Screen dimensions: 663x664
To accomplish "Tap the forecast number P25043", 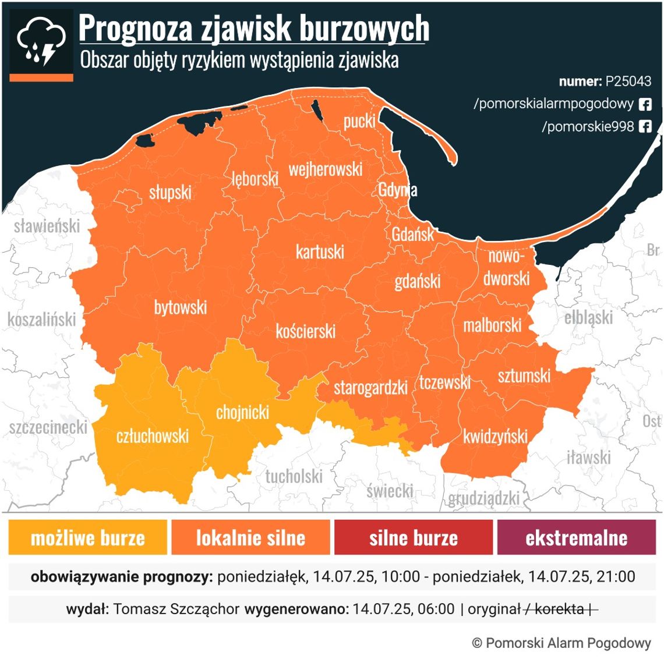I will (x=628, y=81).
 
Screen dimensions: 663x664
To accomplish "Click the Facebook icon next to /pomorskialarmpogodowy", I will (x=645, y=104).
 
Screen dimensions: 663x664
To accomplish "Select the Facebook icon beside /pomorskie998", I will (x=645, y=126).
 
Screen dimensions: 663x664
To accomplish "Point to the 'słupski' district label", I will (x=170, y=192).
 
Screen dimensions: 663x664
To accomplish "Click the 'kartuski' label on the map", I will (x=320, y=252).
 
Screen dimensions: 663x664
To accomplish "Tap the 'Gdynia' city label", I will (x=397, y=190).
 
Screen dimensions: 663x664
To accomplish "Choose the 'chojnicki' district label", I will (x=242, y=413).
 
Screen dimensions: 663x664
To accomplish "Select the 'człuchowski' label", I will (x=153, y=436).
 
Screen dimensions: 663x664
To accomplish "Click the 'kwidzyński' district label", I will (x=495, y=436).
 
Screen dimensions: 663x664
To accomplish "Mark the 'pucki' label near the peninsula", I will (x=359, y=121).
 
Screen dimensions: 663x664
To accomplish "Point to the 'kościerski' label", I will (x=305, y=332).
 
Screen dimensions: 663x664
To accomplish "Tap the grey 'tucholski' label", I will (x=294, y=477).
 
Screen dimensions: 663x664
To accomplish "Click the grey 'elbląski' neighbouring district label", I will (x=588, y=318).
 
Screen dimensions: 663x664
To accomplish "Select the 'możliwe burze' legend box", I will (x=87, y=537).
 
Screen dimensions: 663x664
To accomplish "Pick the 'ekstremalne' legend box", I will (x=576, y=537).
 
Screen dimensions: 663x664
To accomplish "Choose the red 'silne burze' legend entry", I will (x=414, y=537).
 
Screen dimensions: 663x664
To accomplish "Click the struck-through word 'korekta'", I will (x=559, y=609).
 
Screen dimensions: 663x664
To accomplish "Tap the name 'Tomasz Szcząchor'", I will (x=176, y=609).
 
